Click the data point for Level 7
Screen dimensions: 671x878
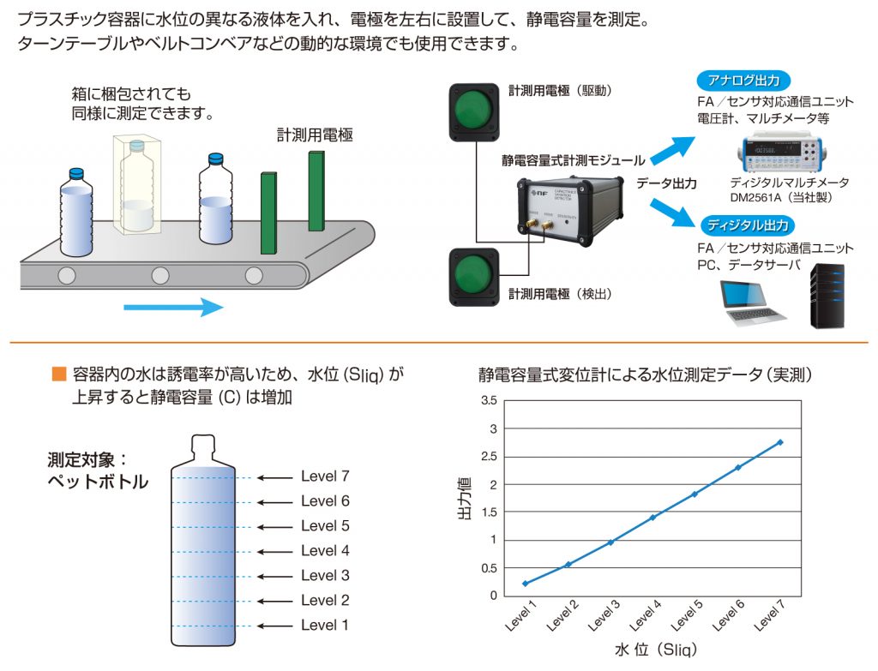click(780, 442)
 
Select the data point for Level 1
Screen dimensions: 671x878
click(525, 584)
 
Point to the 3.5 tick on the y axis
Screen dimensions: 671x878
click(489, 400)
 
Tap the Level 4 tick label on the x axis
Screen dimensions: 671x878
click(646, 616)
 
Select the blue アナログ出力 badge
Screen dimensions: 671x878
click(743, 81)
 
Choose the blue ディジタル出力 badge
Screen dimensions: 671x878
click(744, 226)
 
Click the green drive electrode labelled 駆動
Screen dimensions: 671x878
click(473, 112)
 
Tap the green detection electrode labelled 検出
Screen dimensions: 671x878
click(473, 276)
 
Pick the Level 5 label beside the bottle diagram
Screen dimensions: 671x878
click(325, 526)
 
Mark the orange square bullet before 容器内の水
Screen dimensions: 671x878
click(58, 374)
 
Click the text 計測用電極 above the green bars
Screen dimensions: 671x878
click(315, 135)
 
